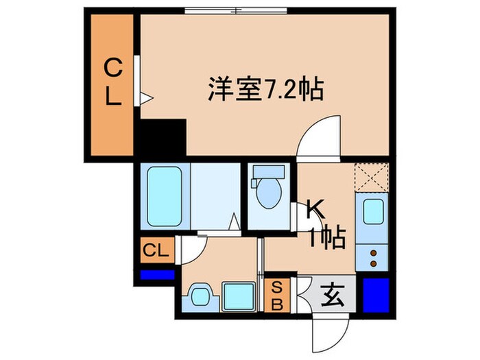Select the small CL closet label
pos(156,250)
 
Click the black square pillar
pos(163,138)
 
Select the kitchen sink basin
pos(372,213)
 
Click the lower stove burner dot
pos(373,263)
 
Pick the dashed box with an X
pos(372,178)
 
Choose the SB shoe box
pos(277,296)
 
